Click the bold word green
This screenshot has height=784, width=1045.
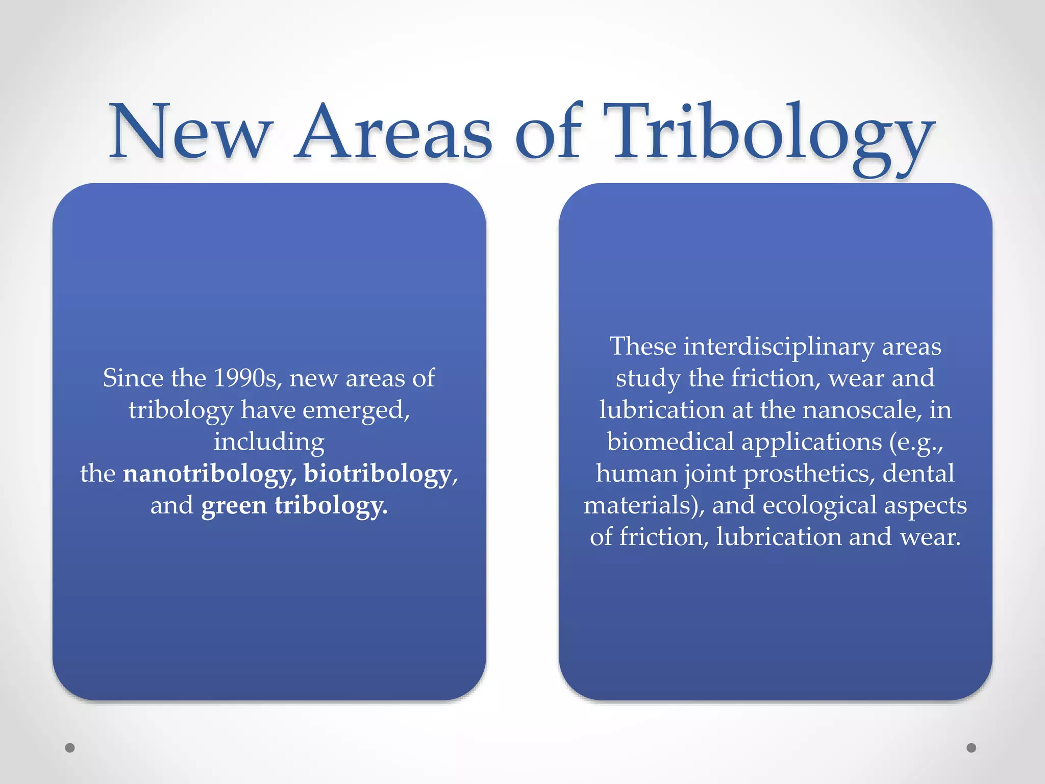tap(234, 506)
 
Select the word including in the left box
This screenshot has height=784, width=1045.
tap(269, 442)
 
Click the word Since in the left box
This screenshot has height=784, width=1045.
tap(133, 379)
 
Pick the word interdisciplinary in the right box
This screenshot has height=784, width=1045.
tap(779, 347)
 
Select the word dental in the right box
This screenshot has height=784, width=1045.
tap(918, 474)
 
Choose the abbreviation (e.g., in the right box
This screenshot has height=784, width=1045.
tap(916, 442)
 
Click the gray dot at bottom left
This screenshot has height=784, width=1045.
tap(70, 748)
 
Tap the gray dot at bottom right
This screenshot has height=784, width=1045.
tap(971, 748)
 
